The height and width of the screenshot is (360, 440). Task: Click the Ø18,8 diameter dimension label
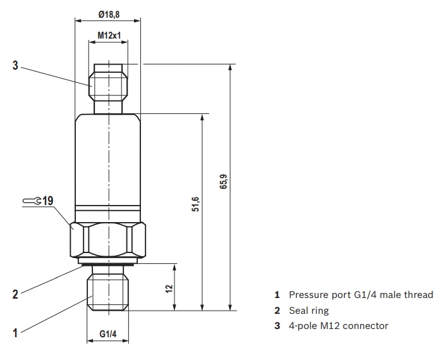109,14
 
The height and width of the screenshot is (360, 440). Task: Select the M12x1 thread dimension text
109,37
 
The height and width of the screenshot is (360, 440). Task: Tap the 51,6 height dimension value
196,205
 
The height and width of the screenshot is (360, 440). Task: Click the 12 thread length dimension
169,288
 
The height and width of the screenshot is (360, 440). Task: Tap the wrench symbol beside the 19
32,201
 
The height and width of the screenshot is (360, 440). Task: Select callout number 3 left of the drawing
15,65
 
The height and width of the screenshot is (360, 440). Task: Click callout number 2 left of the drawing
15,294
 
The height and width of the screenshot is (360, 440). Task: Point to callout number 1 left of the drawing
15,330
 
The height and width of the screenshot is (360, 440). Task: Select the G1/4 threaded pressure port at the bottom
109,289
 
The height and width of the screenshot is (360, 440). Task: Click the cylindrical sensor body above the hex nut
109,158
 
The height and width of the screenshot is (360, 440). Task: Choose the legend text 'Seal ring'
309,311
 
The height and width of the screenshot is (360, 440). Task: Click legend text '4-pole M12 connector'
338,326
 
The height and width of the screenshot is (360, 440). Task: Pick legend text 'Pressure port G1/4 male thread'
361,295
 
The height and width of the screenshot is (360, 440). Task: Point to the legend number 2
277,311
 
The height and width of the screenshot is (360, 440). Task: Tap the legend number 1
277,295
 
